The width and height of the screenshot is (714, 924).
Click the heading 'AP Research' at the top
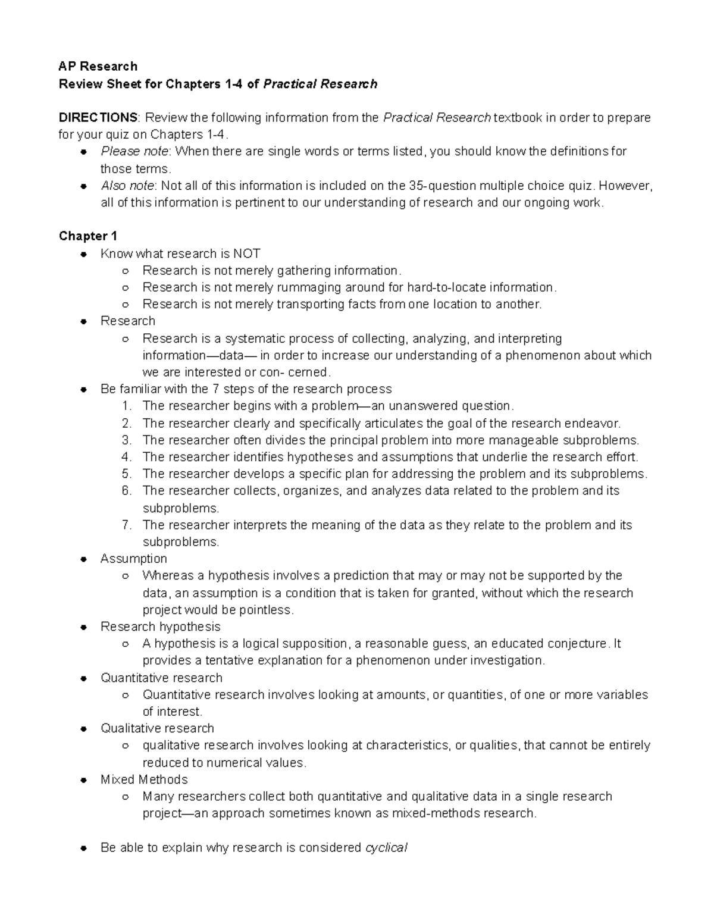[98, 66]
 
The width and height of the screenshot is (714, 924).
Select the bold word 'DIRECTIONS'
[98, 117]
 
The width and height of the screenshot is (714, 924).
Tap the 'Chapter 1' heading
[88, 236]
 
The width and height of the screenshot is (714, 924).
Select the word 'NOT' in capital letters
[246, 253]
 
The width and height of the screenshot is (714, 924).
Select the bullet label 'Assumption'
[133, 559]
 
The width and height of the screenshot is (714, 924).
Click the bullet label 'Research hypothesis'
[160, 627]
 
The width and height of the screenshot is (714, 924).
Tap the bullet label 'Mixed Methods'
[144, 779]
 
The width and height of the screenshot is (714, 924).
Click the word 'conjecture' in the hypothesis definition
[577, 644]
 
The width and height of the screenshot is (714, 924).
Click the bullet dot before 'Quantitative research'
[84, 678]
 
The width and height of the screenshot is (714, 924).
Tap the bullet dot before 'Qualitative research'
[84, 729]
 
